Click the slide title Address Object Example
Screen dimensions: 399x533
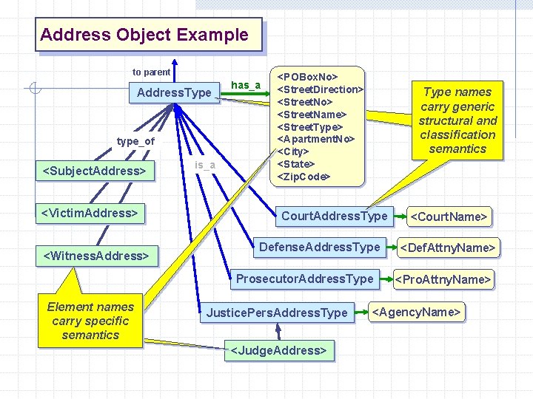[x=145, y=35]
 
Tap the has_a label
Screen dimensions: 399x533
[x=246, y=85]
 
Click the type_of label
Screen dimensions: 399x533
[x=135, y=141]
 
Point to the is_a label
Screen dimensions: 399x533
[x=204, y=164]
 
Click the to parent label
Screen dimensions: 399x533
[x=151, y=72]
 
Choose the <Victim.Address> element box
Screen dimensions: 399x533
[x=90, y=214]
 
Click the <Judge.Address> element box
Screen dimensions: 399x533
[x=279, y=350]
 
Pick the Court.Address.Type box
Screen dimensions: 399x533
[x=334, y=216]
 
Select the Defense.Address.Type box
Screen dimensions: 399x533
[x=319, y=247]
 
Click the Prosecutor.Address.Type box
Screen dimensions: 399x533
[x=304, y=279]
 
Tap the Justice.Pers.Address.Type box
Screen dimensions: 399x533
[x=277, y=313]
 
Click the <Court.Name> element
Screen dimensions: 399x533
[x=449, y=216]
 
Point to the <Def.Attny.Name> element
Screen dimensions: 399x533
[x=447, y=247]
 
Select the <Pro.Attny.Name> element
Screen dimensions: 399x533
[x=443, y=279]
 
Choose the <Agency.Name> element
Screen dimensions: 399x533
[x=417, y=312]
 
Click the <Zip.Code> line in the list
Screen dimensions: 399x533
[x=303, y=177]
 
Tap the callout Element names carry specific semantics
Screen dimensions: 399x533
[x=90, y=321]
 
